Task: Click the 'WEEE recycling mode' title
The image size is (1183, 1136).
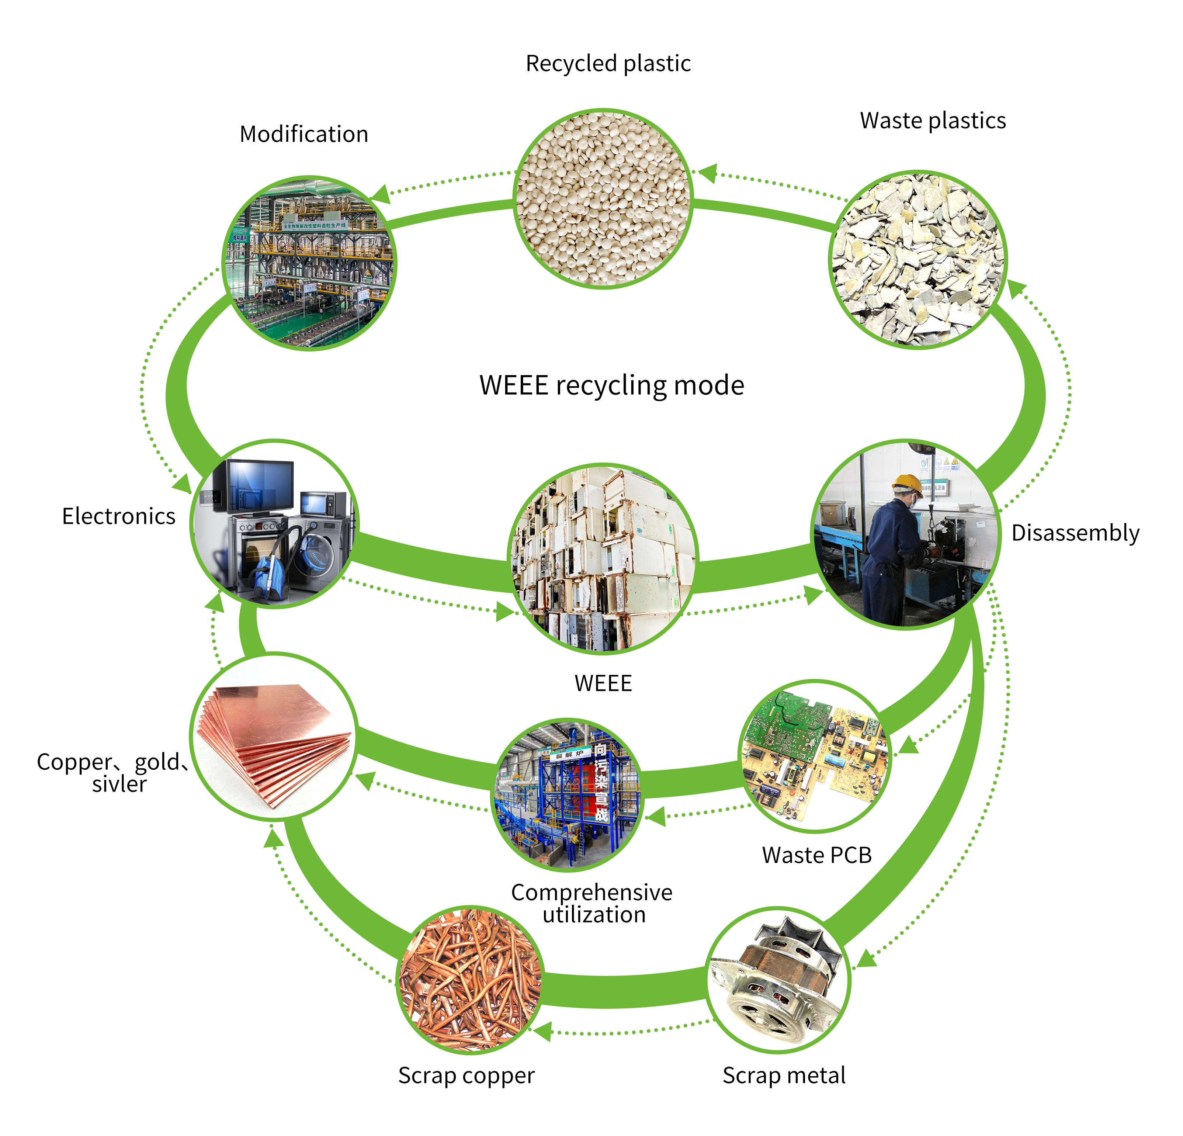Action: pos(611,385)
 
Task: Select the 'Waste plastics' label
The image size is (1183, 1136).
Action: pos(933,121)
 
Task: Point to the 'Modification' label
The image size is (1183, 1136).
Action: pos(303,134)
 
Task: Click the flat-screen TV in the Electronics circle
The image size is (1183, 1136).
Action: pos(261,486)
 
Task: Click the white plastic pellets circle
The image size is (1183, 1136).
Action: pos(602,199)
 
